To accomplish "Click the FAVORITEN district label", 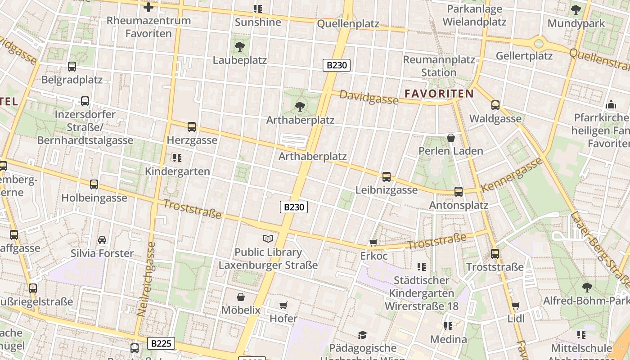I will [439, 94].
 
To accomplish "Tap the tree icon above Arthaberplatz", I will [300, 107].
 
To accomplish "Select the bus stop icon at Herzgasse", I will [192, 127].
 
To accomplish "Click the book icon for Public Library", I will [268, 238].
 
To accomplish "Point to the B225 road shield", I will [161, 344].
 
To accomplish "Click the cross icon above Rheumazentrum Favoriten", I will [148, 7].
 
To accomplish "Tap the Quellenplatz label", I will [348, 24].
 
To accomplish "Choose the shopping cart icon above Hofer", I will [283, 306].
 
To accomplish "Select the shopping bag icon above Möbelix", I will [241, 297].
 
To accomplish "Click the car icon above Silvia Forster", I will [102, 240].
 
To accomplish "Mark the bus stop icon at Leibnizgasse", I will [387, 177].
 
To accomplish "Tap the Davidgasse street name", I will [369, 97].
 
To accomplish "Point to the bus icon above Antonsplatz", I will [459, 192].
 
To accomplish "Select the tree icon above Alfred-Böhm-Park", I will [587, 287].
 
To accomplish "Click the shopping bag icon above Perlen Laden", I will [451, 138].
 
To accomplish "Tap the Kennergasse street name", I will [512, 175].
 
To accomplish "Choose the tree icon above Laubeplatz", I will [240, 46].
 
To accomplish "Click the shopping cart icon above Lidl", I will [516, 306].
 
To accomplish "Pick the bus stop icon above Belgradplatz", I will [72, 67].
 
